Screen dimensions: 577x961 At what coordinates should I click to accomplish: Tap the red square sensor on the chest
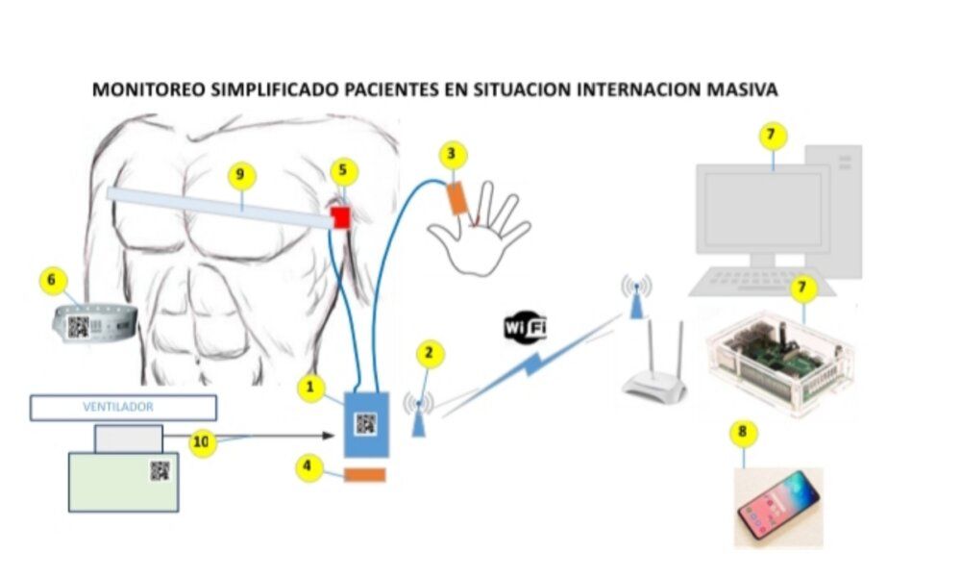(340, 217)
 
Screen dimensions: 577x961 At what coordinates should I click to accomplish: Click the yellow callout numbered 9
(241, 174)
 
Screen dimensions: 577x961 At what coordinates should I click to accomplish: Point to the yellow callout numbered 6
(54, 281)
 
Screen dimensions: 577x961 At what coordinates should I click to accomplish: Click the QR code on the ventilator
(160, 470)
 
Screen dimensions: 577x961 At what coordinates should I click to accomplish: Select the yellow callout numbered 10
(201, 442)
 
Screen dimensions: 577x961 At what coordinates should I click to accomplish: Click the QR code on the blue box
(365, 424)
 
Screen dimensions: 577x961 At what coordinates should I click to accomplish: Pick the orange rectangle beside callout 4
(365, 475)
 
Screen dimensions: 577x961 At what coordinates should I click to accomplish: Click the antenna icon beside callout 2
(419, 413)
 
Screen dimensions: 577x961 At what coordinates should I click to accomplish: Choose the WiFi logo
(526, 327)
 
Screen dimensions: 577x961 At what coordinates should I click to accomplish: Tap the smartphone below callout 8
(779, 508)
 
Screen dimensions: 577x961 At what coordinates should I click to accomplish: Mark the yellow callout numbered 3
(454, 153)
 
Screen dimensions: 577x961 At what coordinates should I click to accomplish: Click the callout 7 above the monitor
(770, 136)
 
